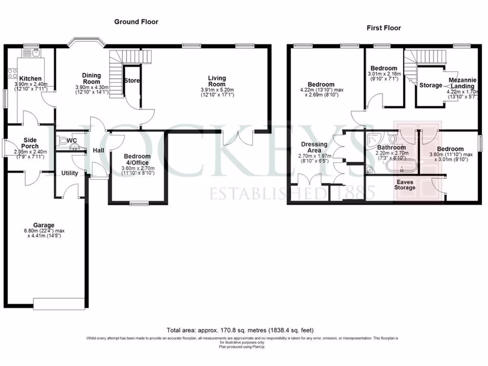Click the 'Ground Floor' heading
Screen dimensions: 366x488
click(x=136, y=22)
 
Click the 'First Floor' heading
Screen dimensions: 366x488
click(x=384, y=28)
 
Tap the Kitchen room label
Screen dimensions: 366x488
click(x=30, y=79)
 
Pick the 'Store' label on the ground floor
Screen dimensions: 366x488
click(x=132, y=81)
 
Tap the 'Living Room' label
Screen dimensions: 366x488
click(x=217, y=81)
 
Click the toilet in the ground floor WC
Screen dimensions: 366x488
click(x=62, y=141)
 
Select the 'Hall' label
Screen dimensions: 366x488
click(x=99, y=151)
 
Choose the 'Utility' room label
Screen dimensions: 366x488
click(x=70, y=173)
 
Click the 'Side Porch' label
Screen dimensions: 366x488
click(x=30, y=143)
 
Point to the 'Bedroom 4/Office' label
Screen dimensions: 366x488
click(x=137, y=160)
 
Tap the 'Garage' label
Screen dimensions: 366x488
click(x=44, y=225)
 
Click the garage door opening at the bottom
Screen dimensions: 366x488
click(x=60, y=302)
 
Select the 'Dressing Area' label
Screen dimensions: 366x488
click(x=314, y=147)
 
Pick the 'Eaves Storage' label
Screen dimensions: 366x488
click(x=405, y=184)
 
